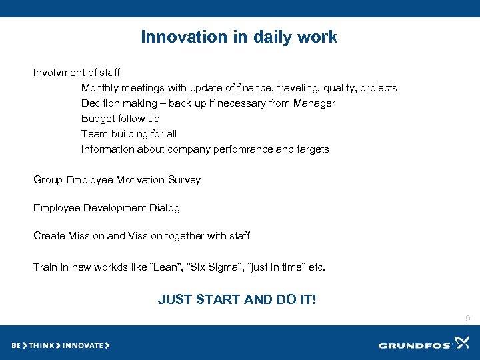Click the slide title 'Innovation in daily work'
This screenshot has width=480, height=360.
pyautogui.click(x=239, y=37)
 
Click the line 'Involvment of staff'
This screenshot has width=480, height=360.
pyautogui.click(x=77, y=72)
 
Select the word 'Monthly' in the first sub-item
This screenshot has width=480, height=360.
pyautogui.click(x=100, y=88)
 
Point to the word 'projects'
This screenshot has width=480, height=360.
pyautogui.click(x=378, y=88)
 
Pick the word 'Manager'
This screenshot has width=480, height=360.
pyautogui.click(x=315, y=103)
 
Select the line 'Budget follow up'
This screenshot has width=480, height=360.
pyautogui.click(x=121, y=119)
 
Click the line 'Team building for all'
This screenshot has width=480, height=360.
pyautogui.click(x=129, y=134)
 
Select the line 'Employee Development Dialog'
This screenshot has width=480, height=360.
pyautogui.click(x=107, y=208)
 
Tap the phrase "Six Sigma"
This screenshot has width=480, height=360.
pyautogui.click(x=215, y=267)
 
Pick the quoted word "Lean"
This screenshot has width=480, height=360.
pyautogui.click(x=167, y=267)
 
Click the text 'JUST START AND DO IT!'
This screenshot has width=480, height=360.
pyautogui.click(x=237, y=299)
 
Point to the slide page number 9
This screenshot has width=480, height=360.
pyautogui.click(x=468, y=319)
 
